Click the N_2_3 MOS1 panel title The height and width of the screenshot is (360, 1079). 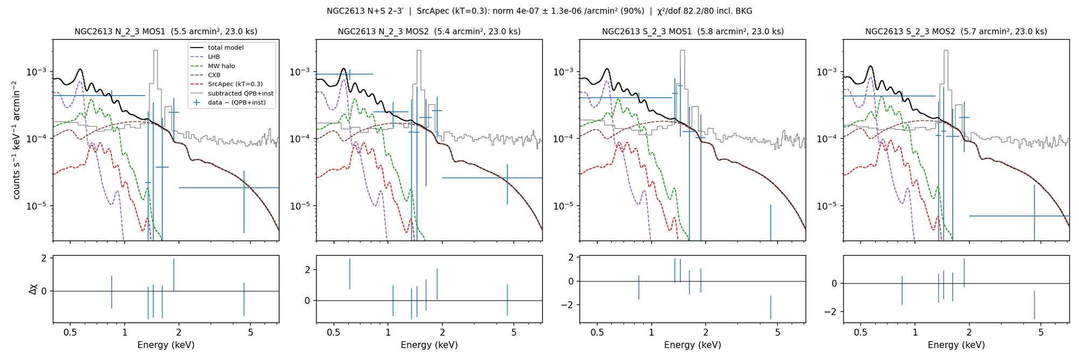click(166, 32)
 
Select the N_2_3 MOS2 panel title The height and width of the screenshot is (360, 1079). click(429, 32)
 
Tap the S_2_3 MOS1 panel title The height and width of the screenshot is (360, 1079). click(693, 32)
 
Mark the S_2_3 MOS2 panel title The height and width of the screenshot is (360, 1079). click(956, 32)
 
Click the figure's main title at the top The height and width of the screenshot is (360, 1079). click(539, 11)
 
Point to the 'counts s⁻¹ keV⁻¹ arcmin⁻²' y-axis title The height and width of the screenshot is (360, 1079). click(17, 140)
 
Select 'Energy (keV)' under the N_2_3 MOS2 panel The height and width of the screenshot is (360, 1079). click(429, 345)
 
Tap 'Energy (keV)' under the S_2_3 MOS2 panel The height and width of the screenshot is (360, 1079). click(956, 345)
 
